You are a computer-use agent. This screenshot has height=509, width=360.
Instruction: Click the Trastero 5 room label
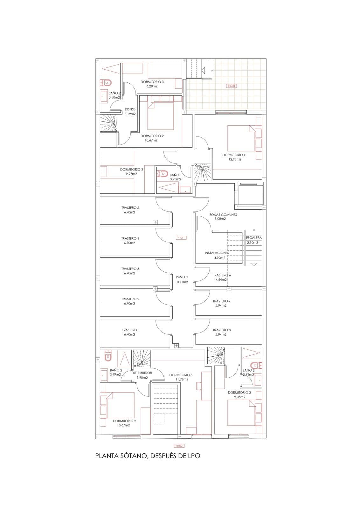[x=130, y=208]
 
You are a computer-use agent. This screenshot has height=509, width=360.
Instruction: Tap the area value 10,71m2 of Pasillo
[x=182, y=282]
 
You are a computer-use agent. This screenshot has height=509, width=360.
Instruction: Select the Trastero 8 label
[x=222, y=330]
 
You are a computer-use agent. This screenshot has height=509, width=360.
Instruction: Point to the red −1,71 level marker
[x=181, y=238]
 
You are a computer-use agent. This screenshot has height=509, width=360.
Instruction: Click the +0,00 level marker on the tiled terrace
[x=232, y=86]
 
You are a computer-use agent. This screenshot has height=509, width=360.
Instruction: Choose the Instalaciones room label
[x=217, y=253]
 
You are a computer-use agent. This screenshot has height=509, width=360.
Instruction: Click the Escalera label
[x=254, y=238]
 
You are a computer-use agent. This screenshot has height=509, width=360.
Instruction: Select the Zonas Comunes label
[x=223, y=214]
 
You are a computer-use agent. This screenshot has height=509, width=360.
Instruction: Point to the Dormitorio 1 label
[x=234, y=155]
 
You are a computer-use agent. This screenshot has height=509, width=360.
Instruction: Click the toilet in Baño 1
[x=162, y=174]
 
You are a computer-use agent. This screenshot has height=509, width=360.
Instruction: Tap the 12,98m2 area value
[x=235, y=159]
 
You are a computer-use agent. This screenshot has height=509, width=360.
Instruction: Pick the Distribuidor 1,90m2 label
[x=142, y=375]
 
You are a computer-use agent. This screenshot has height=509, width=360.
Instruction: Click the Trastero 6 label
[x=222, y=275]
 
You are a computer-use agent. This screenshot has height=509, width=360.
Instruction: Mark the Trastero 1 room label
[x=131, y=330]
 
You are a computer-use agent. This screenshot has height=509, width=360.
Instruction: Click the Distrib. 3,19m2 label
[x=130, y=112]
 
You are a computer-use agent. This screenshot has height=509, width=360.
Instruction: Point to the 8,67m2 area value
[x=124, y=425]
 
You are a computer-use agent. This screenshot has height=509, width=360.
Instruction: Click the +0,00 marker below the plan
[x=179, y=446]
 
